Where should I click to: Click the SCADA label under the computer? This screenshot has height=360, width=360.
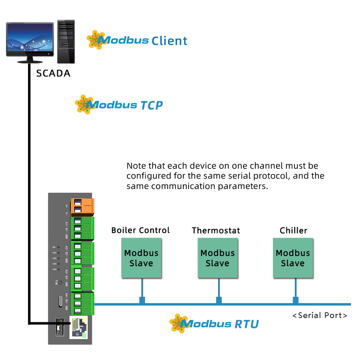pyautogui.click(x=53, y=73)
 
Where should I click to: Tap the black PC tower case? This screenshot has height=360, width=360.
pyautogui.click(x=66, y=42)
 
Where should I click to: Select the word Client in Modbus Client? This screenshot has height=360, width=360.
pyautogui.click(x=169, y=41)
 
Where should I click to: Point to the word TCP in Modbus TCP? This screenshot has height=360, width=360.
pyautogui.click(x=151, y=105)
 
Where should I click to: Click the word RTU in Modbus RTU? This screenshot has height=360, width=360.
pyautogui.click(x=246, y=324)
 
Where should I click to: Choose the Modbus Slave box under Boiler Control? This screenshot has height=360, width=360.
pyautogui.click(x=141, y=258)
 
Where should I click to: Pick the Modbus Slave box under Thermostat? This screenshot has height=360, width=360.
pyautogui.click(x=217, y=258)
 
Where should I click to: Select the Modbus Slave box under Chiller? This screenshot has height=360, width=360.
pyautogui.click(x=293, y=258)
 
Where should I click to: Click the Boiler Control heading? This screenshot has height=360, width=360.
pyautogui.click(x=140, y=230)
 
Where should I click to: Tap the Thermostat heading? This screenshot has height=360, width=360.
pyautogui.click(x=216, y=231)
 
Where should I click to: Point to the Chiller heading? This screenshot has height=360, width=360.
pyautogui.click(x=293, y=230)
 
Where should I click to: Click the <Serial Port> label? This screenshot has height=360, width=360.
pyautogui.click(x=320, y=315)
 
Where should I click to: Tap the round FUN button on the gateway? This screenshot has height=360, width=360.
pyautogui.click(x=60, y=281)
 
